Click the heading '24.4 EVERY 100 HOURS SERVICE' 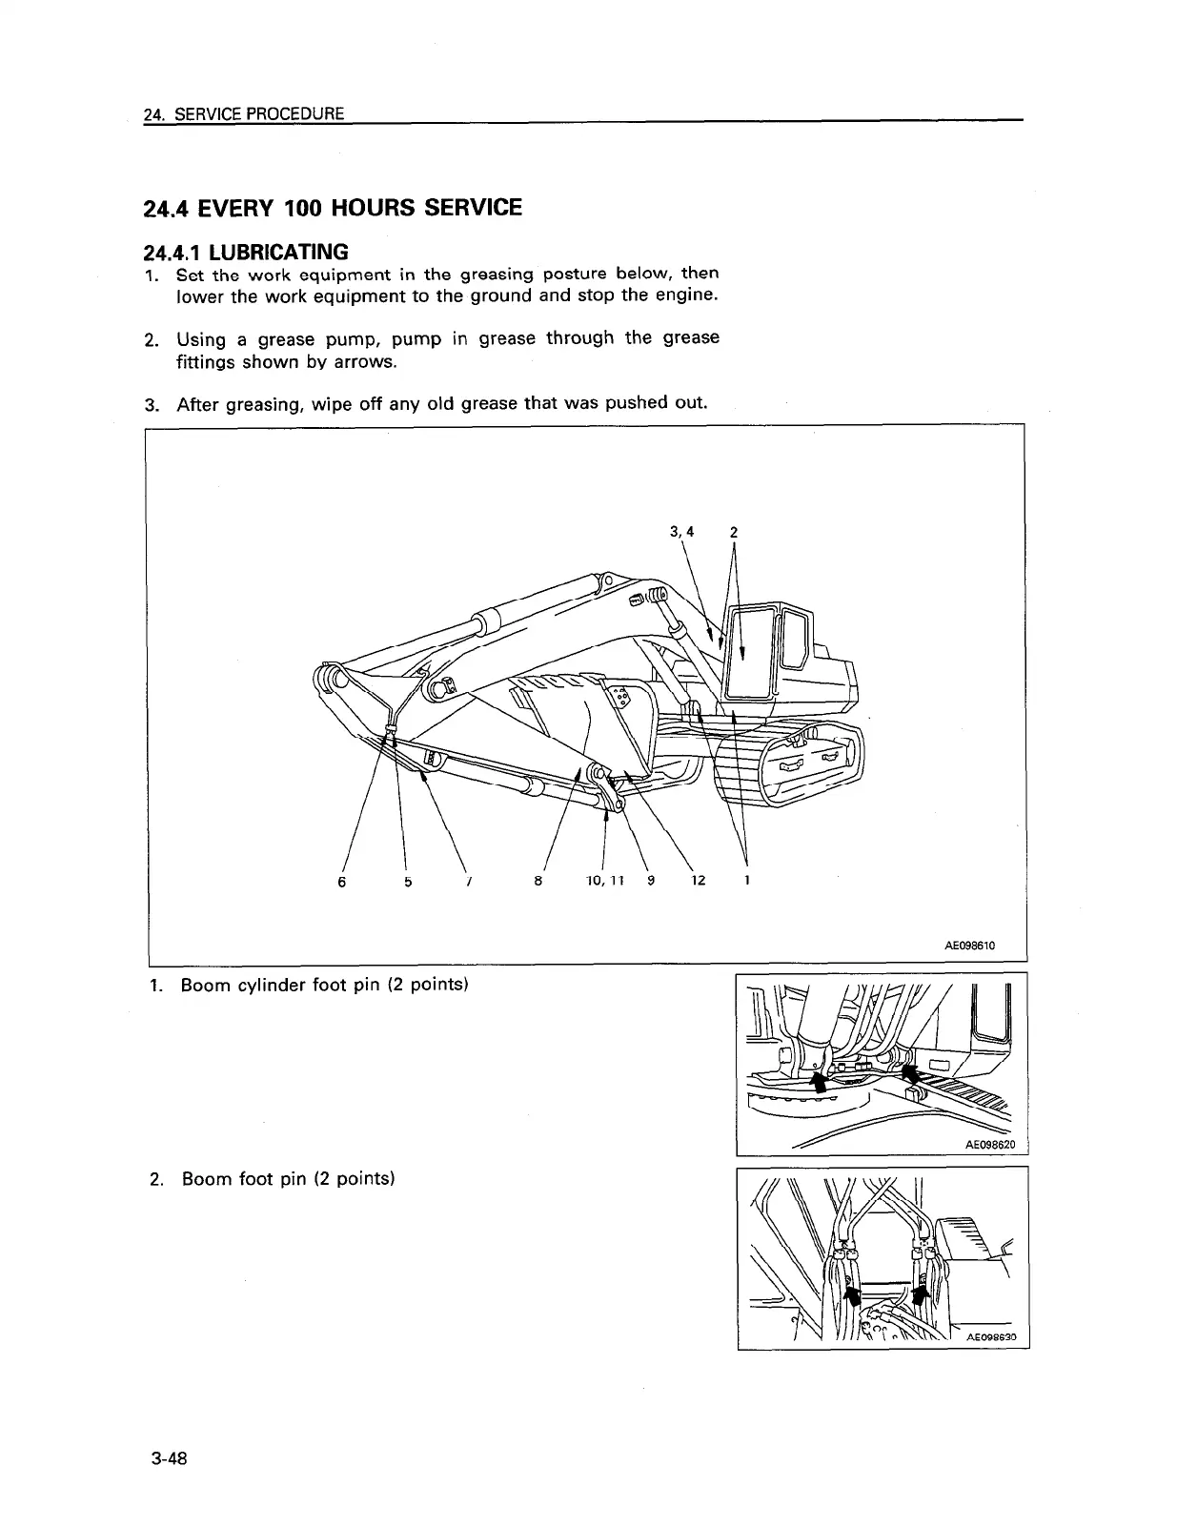point(332,208)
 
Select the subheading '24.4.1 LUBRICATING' point(245,252)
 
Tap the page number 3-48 point(166,1458)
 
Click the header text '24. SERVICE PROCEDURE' point(243,114)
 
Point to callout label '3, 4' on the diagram point(681,532)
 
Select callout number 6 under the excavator point(342,882)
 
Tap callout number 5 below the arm point(407,882)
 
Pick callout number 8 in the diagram point(538,881)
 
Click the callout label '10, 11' point(604,881)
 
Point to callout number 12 point(698,881)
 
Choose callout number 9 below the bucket point(650,881)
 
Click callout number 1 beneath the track point(746,881)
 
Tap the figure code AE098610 point(969,947)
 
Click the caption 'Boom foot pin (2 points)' point(288,1179)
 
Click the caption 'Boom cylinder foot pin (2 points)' point(324,985)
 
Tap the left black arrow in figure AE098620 point(817,1078)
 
